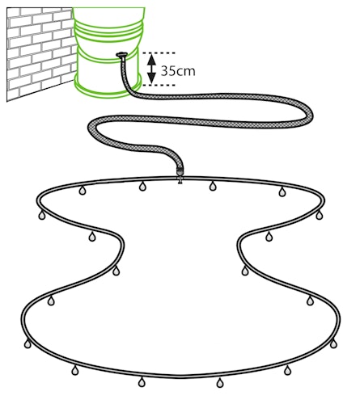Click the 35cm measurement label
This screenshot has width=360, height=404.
[x=178, y=71]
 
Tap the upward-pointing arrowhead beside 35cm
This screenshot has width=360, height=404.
[x=152, y=60]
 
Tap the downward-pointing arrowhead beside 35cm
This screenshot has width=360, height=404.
[x=152, y=78]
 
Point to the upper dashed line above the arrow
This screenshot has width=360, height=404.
[x=159, y=53]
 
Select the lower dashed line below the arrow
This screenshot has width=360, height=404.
[x=159, y=85]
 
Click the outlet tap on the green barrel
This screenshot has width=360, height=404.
[x=121, y=55]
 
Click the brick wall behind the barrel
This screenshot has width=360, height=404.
[x=40, y=54]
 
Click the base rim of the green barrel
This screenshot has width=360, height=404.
[x=108, y=86]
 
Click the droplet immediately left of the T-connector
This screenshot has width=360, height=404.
[x=142, y=186]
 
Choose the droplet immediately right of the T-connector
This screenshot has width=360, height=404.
[x=213, y=186]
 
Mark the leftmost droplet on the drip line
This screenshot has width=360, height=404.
[x=28, y=343]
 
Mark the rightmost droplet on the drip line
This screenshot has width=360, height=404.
[x=333, y=343]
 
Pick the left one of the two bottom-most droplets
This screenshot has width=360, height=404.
[x=142, y=382]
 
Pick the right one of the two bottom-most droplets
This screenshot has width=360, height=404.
[x=220, y=383]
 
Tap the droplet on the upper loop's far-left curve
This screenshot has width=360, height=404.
[x=42, y=215]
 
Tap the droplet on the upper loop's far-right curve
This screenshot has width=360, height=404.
[x=320, y=215]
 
